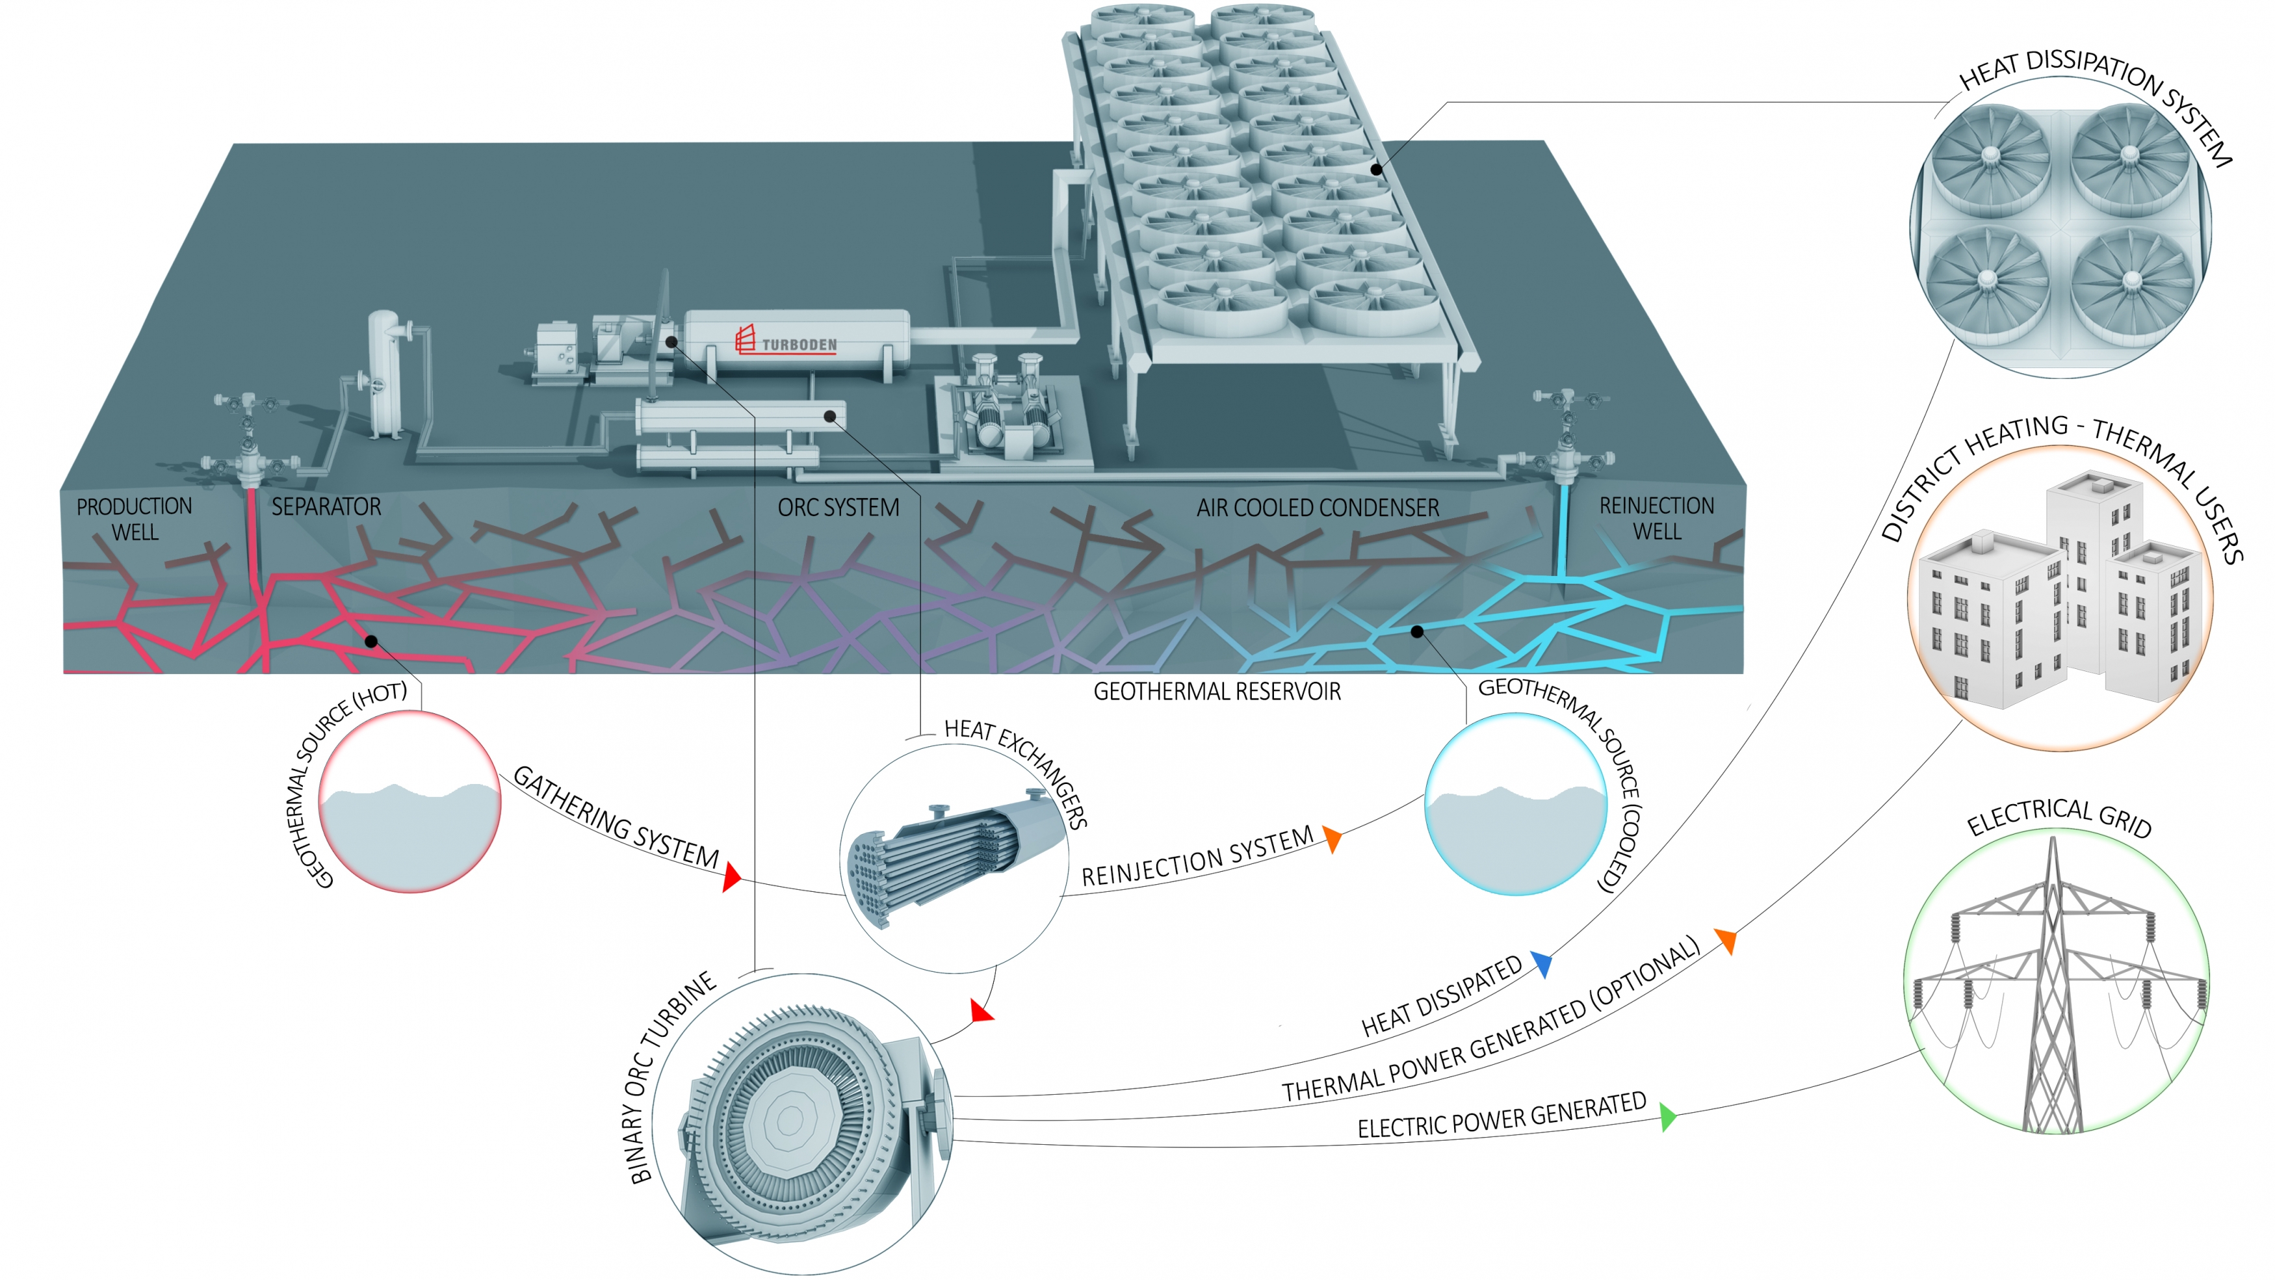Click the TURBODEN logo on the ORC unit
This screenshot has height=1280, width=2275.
785,341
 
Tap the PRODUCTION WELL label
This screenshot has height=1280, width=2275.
135,519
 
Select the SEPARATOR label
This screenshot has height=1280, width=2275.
326,507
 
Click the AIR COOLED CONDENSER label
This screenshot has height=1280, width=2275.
1317,508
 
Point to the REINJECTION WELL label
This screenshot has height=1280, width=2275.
1656,519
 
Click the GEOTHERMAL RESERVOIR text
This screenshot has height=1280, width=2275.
1216,692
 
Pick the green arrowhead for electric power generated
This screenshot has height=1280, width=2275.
1667,1117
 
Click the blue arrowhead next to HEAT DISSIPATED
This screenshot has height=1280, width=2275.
1542,964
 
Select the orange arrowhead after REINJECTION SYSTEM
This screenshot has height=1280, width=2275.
1332,839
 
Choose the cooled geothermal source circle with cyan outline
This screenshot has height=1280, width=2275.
1516,804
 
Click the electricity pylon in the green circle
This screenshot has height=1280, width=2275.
2053,989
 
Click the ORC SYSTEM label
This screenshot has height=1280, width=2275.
838,508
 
